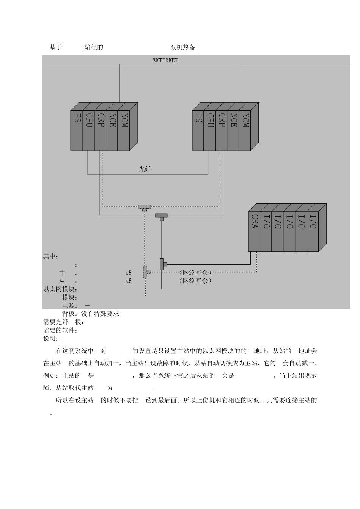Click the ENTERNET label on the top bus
165,60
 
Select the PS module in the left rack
77,130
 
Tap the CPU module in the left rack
89,130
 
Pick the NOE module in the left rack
112,130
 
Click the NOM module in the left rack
124,130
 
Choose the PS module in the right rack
198,130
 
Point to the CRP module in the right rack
222,130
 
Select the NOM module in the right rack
245,130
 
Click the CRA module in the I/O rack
254,231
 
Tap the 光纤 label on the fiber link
145,169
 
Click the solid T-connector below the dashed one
161,217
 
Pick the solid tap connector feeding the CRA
163,264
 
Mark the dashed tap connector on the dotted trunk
146,272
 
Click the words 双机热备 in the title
183,47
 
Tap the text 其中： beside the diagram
51,256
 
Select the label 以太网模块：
60,289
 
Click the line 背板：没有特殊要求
91,314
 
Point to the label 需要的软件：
60,330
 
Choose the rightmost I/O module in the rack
313,231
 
